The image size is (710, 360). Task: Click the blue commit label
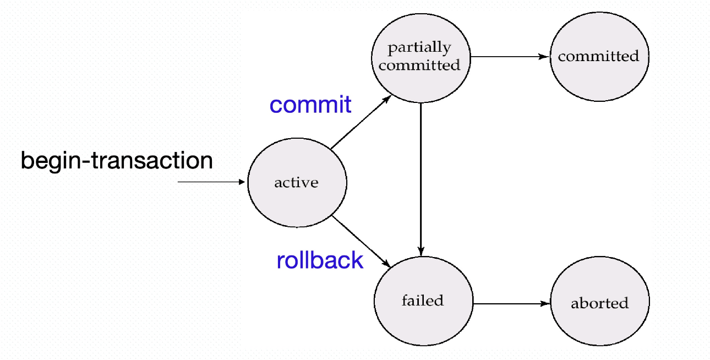pyautogui.click(x=310, y=105)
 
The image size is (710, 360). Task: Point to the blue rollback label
pyautogui.click(x=320, y=260)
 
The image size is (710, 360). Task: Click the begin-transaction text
pyautogui.click(x=117, y=161)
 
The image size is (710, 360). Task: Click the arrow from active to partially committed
pyautogui.click(x=361, y=122)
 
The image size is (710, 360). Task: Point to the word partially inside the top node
pyautogui.click(x=419, y=48)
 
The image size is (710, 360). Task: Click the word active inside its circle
pyautogui.click(x=296, y=183)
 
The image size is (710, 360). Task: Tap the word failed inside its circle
pyautogui.click(x=422, y=301)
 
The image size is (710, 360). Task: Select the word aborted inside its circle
pyautogui.click(x=599, y=303)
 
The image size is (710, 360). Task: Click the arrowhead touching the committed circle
pyautogui.click(x=545, y=56)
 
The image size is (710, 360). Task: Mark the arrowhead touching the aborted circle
pyautogui.click(x=546, y=303)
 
